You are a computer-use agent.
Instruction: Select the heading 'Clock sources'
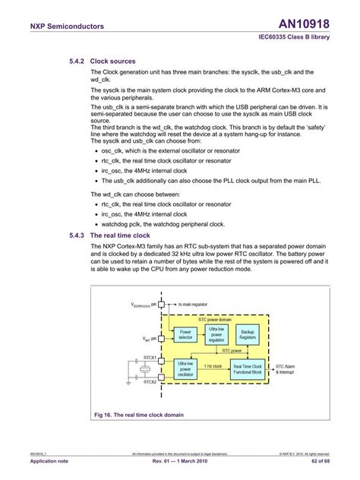pos(112,61)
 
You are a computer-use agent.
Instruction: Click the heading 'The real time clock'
pos(125,235)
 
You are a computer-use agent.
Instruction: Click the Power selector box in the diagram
pos(185,334)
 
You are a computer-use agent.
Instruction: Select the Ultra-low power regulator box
pos(216,333)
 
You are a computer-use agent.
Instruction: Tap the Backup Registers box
pos(248,333)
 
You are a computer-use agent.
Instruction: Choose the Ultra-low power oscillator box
pos(185,368)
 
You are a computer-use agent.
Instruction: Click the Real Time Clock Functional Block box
pos(248,368)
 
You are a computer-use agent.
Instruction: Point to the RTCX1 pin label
pos(149,356)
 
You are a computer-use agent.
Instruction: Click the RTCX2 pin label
pos(149,382)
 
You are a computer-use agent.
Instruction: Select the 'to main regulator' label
pos(197,303)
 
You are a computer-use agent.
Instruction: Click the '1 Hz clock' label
pos(213,366)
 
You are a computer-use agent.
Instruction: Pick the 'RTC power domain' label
pos(215,320)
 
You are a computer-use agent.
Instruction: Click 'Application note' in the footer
pos(48,462)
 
